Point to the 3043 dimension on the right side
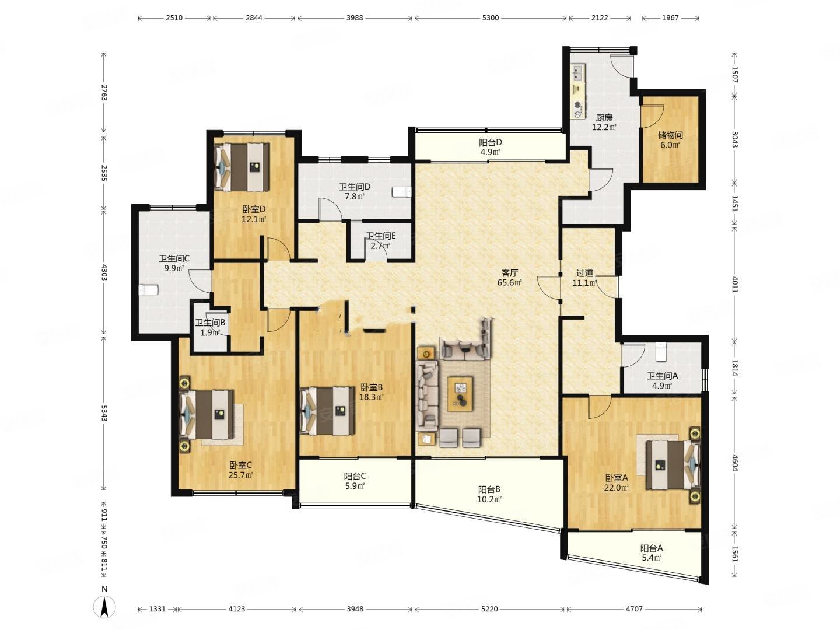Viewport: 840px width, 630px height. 735,139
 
